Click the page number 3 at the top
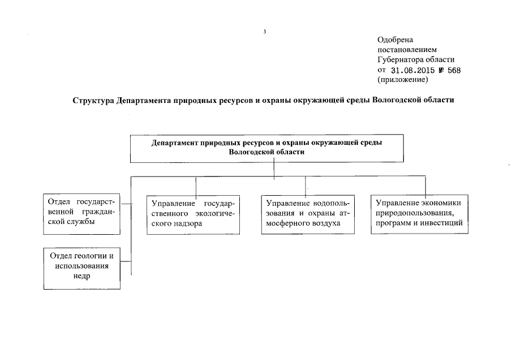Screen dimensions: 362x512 (x=264, y=31)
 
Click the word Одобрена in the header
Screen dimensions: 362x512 (x=395, y=40)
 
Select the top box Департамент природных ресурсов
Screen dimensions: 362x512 (x=266, y=147)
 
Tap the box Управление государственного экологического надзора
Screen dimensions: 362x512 (x=192, y=214)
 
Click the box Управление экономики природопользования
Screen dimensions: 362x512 (x=419, y=213)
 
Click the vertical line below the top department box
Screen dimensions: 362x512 (x=274, y=169)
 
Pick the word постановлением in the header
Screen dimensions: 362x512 (x=407, y=50)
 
